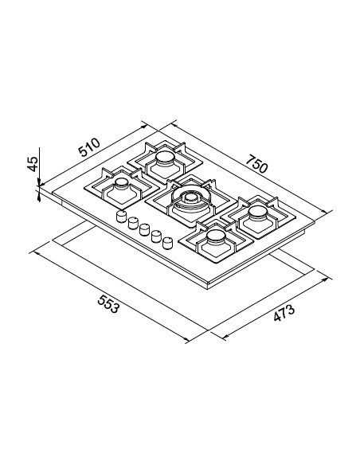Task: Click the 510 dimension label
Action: pyautogui.click(x=89, y=147)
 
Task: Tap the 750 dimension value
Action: pyautogui.click(x=256, y=163)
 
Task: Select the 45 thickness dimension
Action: pyautogui.click(x=33, y=164)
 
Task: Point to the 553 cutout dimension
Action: pyautogui.click(x=108, y=303)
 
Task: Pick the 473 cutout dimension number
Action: pyautogui.click(x=284, y=313)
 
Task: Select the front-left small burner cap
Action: pyautogui.click(x=122, y=184)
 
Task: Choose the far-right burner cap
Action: pyautogui.click(x=258, y=213)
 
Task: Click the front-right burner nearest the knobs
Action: pyautogui.click(x=217, y=236)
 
